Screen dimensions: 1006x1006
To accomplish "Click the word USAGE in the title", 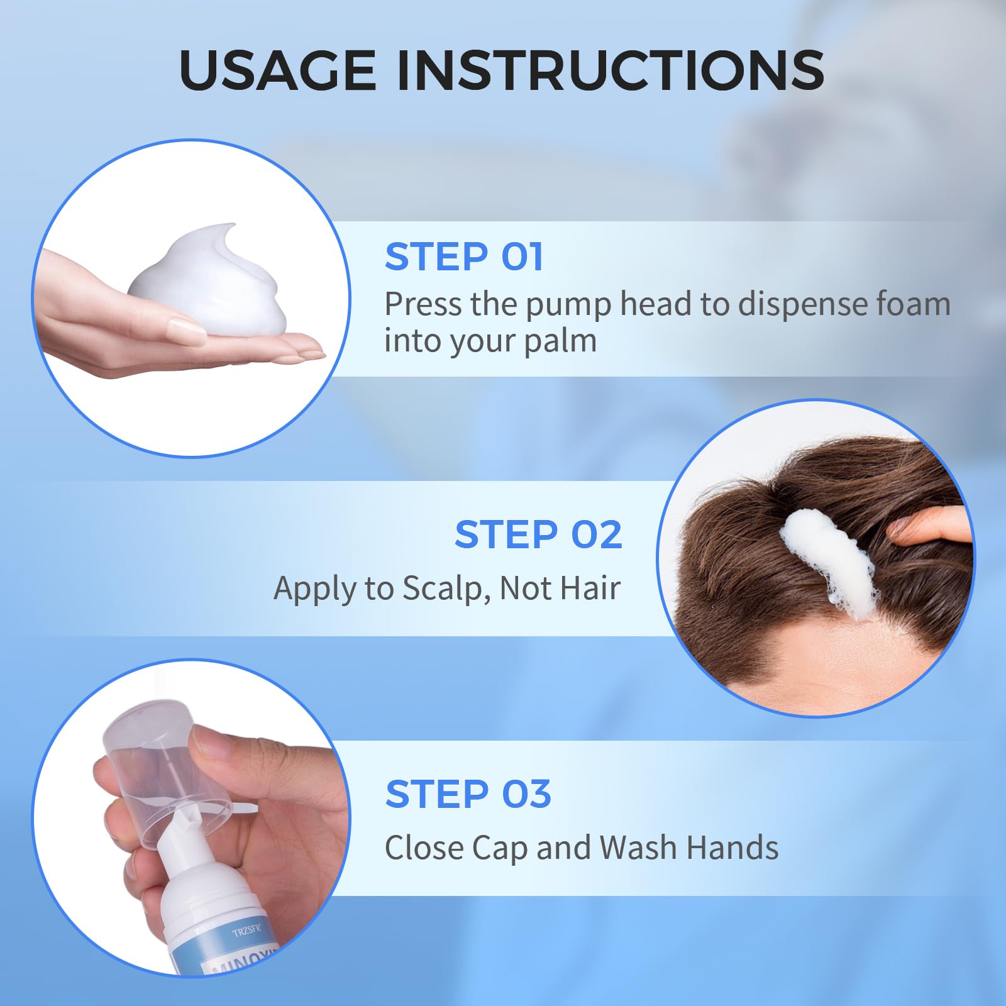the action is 278,69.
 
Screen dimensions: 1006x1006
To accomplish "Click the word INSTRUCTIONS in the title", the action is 611,69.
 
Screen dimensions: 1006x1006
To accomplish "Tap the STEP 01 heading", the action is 464,257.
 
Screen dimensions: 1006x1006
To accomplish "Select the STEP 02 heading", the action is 538,534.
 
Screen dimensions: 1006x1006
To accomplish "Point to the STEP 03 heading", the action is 468,794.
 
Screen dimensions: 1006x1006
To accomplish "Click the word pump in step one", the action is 568,306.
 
